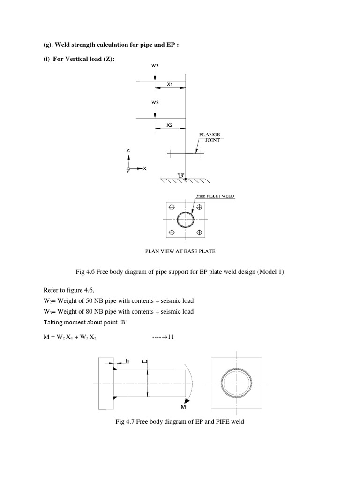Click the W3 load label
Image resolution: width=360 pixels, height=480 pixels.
click(x=155, y=66)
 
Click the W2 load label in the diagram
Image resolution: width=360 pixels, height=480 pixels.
click(x=155, y=101)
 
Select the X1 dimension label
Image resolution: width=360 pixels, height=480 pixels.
click(x=170, y=85)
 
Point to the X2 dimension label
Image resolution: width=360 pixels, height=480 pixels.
click(x=170, y=126)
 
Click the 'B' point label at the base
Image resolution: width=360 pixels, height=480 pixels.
click(x=182, y=175)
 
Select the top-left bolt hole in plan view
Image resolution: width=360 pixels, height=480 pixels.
click(x=172, y=207)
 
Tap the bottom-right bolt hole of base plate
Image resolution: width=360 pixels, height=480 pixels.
click(x=199, y=232)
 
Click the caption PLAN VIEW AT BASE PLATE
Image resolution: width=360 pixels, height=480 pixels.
click(x=180, y=251)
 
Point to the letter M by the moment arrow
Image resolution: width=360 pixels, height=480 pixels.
click(x=184, y=407)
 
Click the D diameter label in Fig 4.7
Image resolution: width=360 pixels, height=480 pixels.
click(x=145, y=361)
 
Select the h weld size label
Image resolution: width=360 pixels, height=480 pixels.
click(x=127, y=360)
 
